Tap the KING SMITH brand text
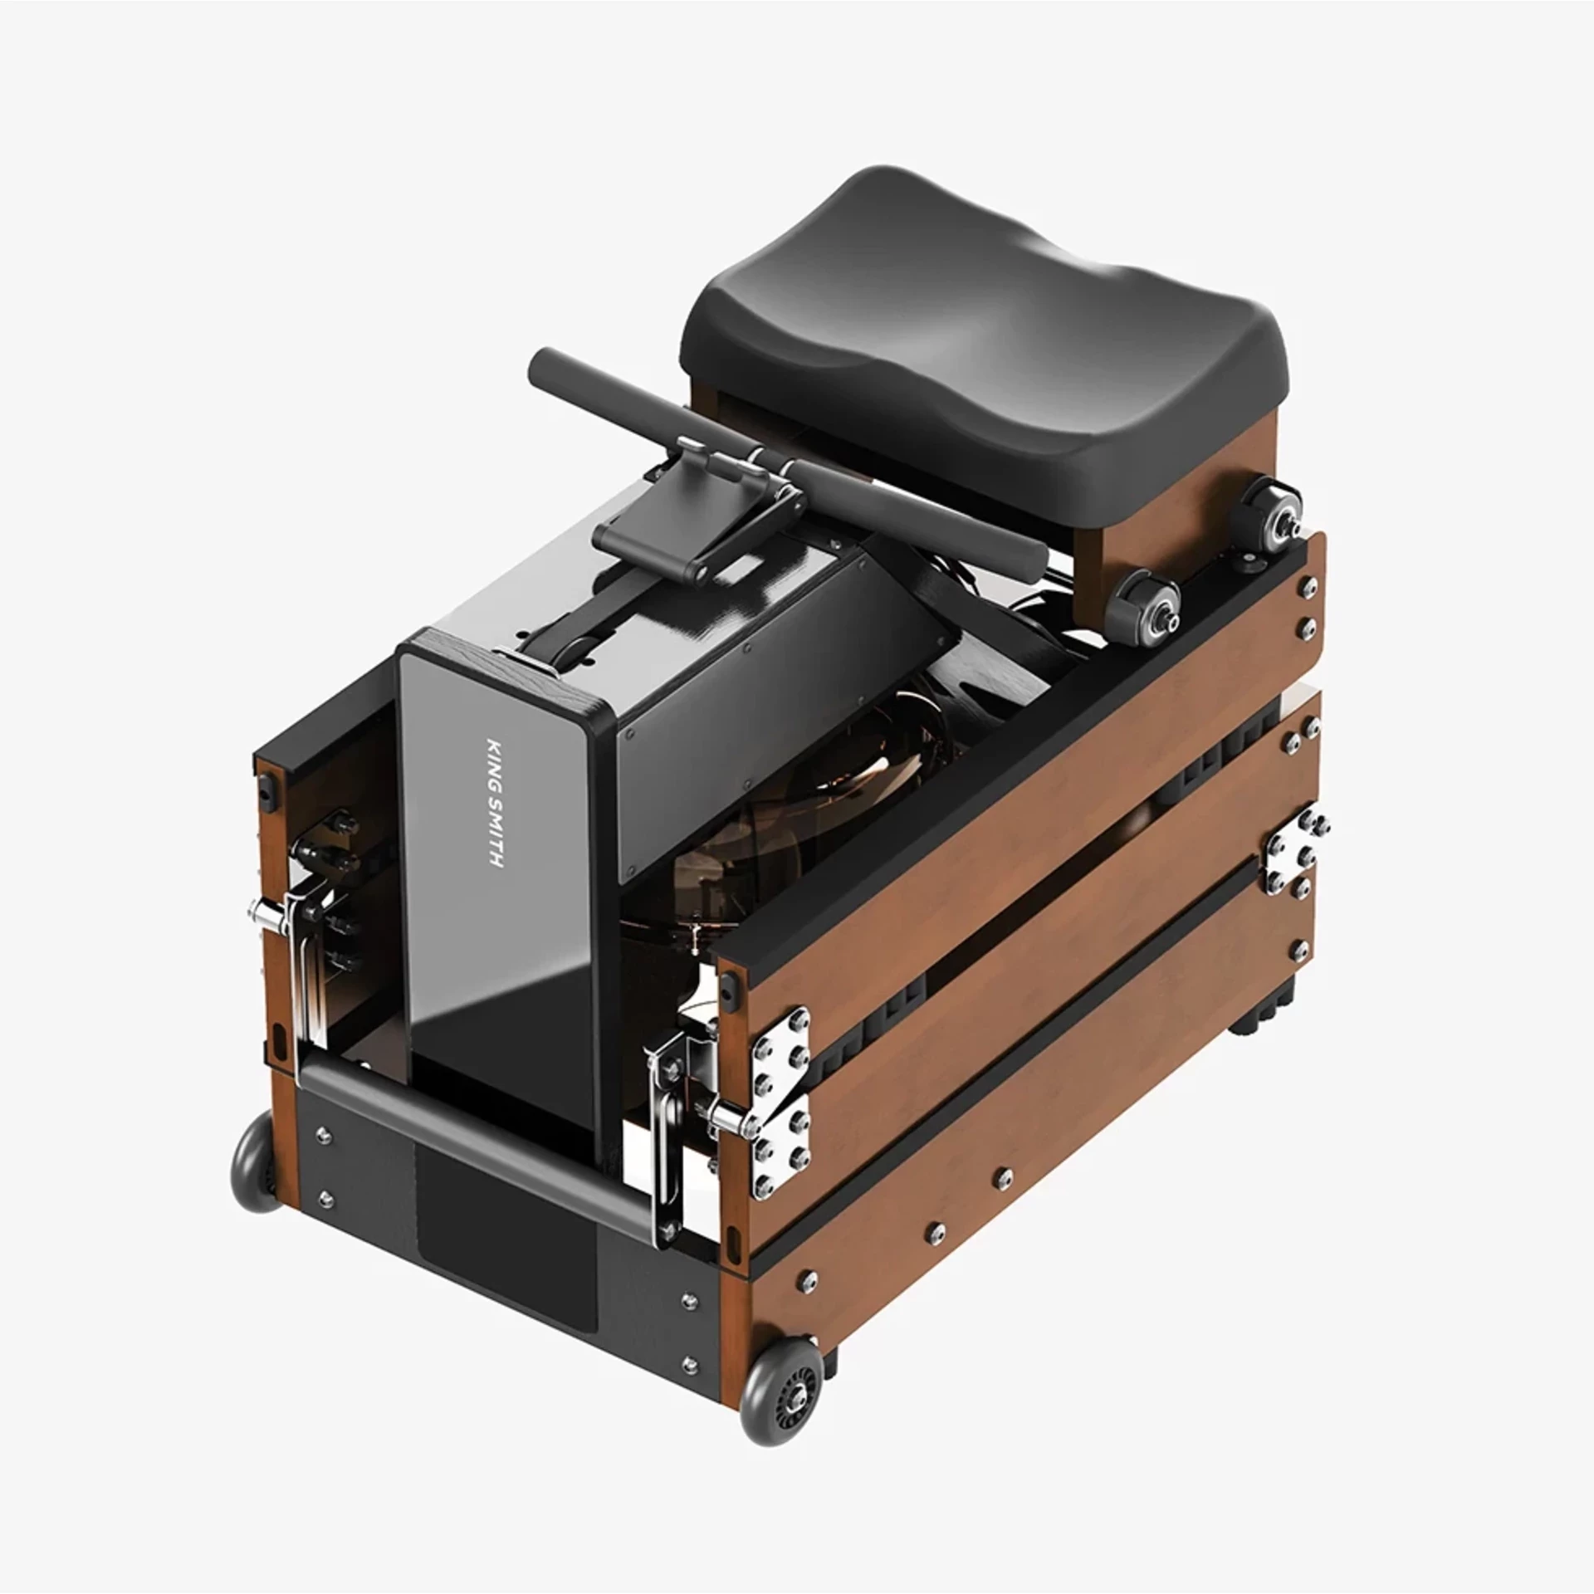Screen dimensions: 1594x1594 494,803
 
